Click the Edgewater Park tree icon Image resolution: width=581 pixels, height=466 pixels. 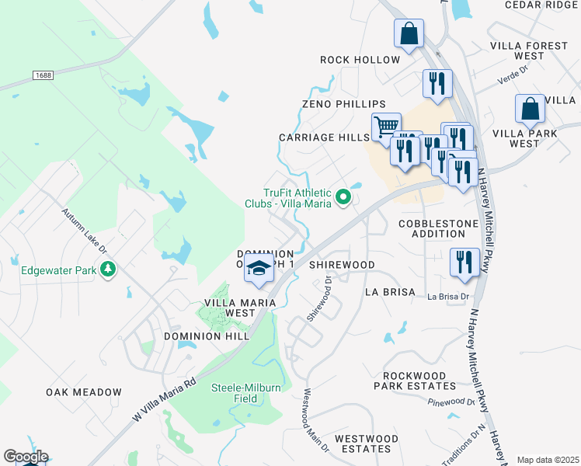[109, 270]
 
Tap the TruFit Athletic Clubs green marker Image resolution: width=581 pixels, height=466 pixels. [343, 200]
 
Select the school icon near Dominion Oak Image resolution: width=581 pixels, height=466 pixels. [259, 269]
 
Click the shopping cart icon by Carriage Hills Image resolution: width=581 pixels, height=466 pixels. [386, 125]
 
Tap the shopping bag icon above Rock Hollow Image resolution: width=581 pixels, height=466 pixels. [409, 34]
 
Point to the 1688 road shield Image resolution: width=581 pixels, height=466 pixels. [44, 75]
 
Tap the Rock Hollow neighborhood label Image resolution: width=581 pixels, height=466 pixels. [360, 60]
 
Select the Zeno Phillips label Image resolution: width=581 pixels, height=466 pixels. [344, 104]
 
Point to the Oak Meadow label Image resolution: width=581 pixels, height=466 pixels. [84, 392]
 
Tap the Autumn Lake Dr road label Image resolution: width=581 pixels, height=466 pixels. [85, 228]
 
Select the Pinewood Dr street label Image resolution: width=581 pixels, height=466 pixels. [451, 402]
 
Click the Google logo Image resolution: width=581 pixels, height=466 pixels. [26, 457]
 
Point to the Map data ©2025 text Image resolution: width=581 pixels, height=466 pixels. [548, 460]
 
